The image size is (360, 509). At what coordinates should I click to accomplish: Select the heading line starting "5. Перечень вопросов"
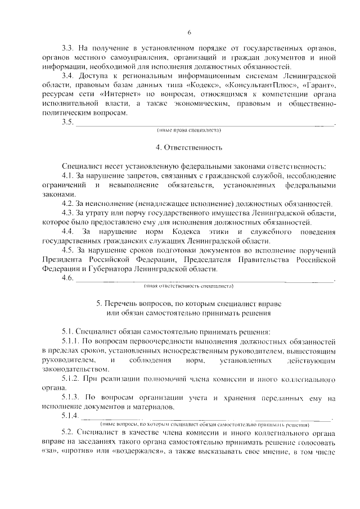tap(189, 303)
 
